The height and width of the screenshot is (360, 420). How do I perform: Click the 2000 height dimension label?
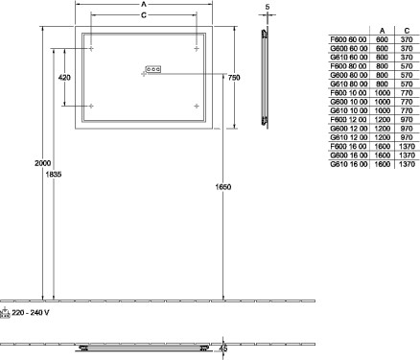tap(43, 163)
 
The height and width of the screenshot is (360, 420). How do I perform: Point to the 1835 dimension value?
tap(54, 175)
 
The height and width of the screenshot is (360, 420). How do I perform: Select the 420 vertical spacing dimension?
tap(65, 78)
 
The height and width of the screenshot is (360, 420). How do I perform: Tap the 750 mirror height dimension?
tap(234, 78)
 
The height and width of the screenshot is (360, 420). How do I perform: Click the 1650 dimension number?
tap(223, 187)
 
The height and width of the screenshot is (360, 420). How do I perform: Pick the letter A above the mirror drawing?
tap(144, 4)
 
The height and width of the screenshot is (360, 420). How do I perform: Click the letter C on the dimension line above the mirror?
tap(144, 15)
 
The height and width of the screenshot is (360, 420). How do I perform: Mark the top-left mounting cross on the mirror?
tap(91, 49)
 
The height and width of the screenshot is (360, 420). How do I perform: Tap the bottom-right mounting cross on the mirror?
tap(197, 106)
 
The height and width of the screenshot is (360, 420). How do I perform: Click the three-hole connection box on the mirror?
tap(153, 69)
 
